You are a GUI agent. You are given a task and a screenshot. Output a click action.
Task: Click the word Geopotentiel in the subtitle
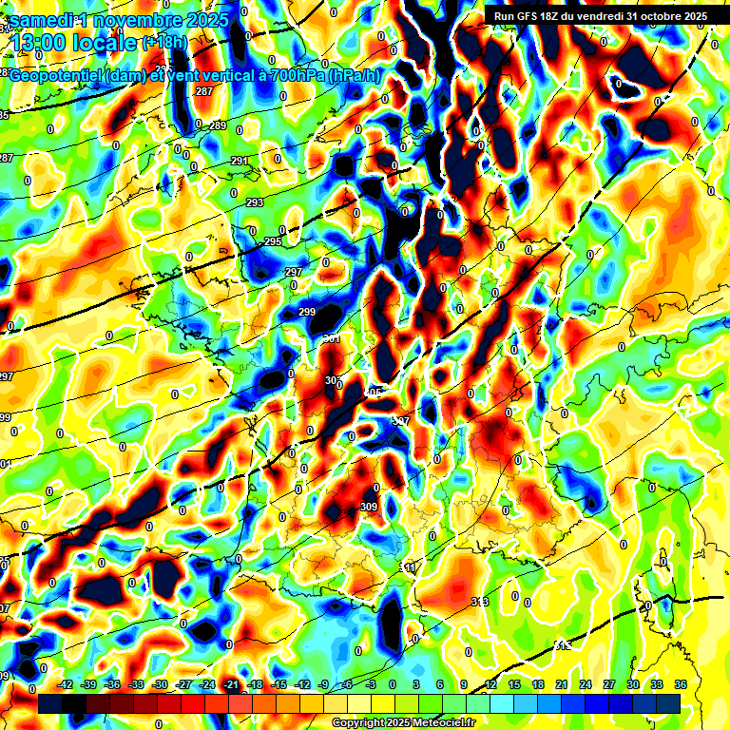point(59,76)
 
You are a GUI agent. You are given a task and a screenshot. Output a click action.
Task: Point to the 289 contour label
point(218,125)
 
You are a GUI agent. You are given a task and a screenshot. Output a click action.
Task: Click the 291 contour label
point(240,161)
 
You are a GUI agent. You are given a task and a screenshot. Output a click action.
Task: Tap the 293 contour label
point(255,202)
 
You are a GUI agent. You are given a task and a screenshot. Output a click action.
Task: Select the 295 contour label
point(273,242)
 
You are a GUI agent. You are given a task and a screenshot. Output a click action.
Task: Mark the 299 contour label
point(307,312)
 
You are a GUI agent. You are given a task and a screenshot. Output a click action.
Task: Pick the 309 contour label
point(369,507)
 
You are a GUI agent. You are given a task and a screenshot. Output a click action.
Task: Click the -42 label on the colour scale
point(66,684)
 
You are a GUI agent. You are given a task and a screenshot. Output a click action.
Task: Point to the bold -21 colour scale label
point(231,684)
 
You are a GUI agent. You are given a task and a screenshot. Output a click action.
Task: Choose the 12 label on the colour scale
point(490,684)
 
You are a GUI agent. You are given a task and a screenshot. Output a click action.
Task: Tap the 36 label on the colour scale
point(681,684)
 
